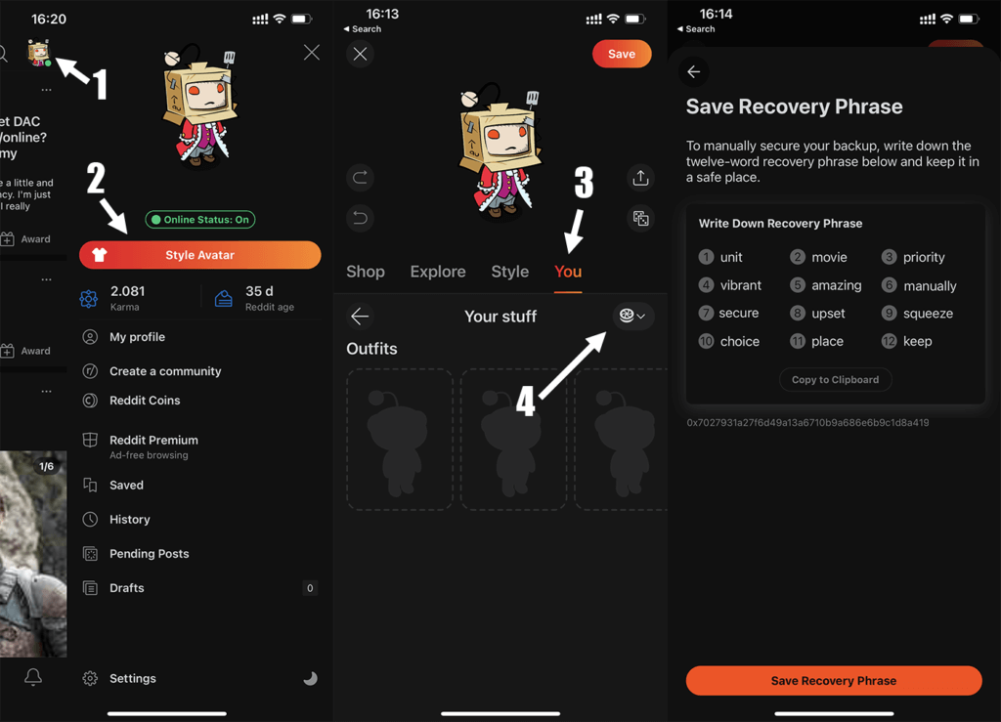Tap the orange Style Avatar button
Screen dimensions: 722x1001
199,255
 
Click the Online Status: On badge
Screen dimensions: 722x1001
200,220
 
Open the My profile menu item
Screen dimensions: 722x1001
137,337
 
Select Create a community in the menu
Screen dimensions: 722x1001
152,371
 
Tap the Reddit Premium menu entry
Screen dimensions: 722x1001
153,441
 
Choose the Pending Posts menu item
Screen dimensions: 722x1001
149,554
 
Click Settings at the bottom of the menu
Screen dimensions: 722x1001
132,678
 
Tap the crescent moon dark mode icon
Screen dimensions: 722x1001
310,678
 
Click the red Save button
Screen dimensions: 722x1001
621,54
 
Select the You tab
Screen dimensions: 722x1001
568,272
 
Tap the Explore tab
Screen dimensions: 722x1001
437,272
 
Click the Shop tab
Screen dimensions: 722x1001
366,272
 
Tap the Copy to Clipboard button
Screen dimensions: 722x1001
835,379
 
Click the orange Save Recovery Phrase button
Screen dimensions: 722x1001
833,680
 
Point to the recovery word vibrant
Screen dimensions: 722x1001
740,285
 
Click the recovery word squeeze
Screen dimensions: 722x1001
928,314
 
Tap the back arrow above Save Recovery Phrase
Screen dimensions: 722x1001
693,71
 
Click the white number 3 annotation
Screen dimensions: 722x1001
583,183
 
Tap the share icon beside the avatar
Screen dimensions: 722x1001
640,178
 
